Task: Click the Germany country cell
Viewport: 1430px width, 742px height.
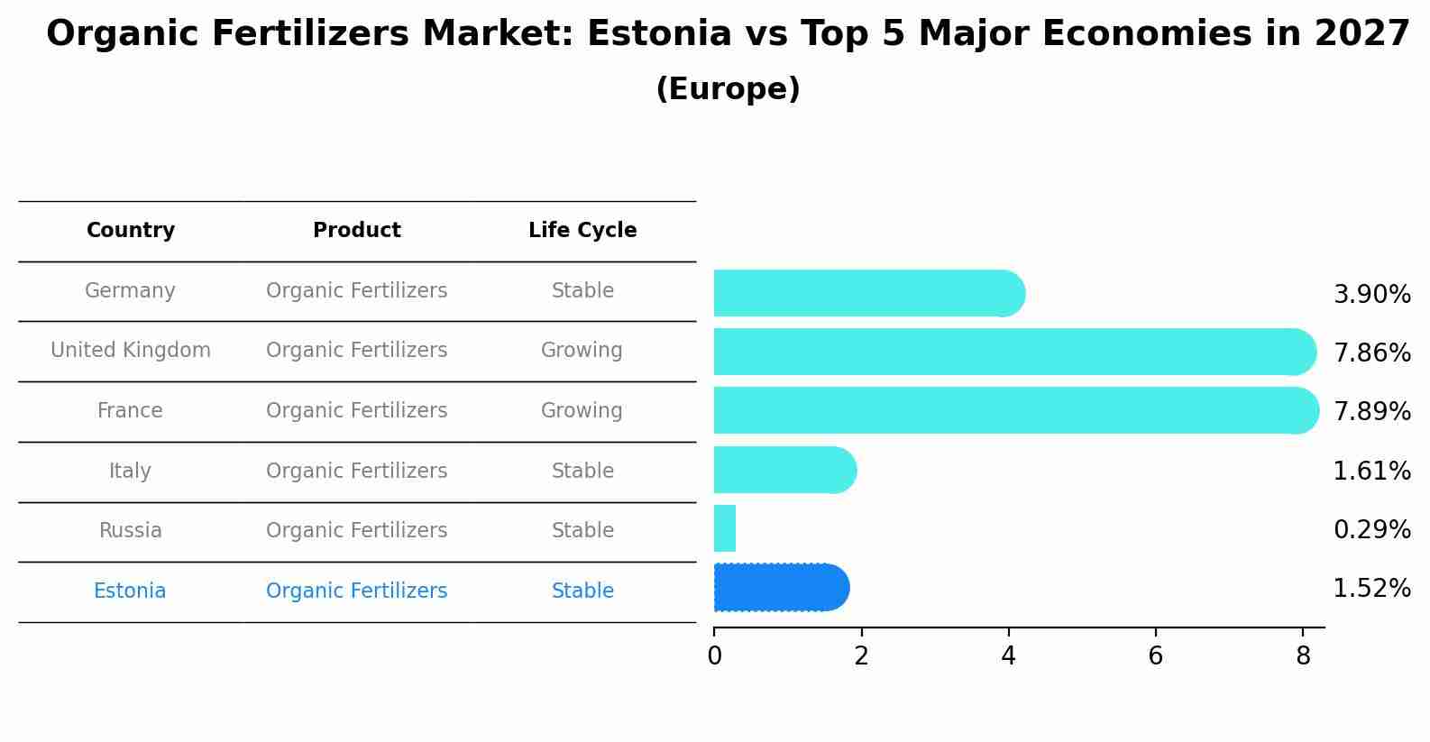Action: click(x=130, y=291)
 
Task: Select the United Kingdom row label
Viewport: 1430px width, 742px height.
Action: click(x=131, y=351)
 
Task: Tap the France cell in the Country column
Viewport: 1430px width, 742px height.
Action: click(x=130, y=411)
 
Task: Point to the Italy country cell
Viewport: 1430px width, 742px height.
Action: click(x=130, y=472)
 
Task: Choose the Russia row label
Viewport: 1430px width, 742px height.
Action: click(x=130, y=531)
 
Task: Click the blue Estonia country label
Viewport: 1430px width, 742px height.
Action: click(x=130, y=591)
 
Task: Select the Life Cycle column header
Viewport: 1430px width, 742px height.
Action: click(x=582, y=231)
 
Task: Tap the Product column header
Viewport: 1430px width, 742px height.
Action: click(x=357, y=231)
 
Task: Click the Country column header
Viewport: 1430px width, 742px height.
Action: click(x=131, y=231)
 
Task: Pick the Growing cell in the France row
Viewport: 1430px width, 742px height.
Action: click(x=582, y=411)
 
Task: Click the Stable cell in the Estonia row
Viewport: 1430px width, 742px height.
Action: click(x=582, y=591)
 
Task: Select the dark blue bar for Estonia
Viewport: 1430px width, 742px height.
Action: click(x=780, y=588)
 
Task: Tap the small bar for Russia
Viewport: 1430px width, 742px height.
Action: click(x=725, y=528)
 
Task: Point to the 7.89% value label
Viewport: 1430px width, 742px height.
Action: click(x=1371, y=412)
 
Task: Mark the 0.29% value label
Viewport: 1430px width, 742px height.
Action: click(x=1371, y=530)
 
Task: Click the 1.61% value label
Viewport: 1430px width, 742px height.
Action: click(x=1371, y=472)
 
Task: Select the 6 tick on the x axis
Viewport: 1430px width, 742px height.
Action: click(x=1155, y=656)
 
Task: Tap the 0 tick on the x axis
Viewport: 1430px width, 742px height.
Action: click(x=714, y=656)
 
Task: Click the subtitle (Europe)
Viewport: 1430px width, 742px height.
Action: click(x=728, y=89)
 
